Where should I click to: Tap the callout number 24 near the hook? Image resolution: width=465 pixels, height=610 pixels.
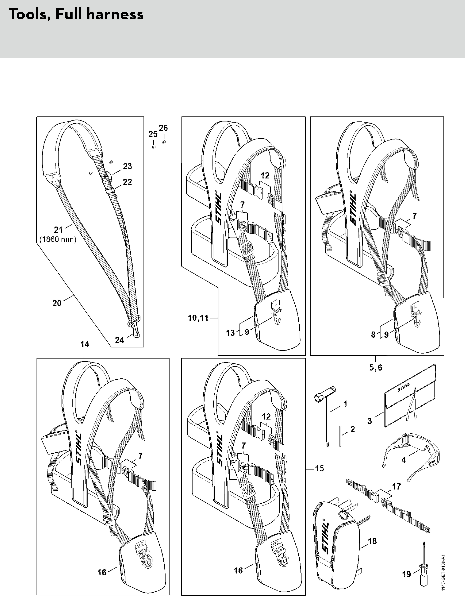coord(120,340)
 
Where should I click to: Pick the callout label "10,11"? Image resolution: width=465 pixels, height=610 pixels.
coord(198,318)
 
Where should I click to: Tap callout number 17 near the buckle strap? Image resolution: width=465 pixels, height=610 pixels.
coord(396,486)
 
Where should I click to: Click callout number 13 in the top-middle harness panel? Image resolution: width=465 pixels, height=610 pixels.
coord(230,333)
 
